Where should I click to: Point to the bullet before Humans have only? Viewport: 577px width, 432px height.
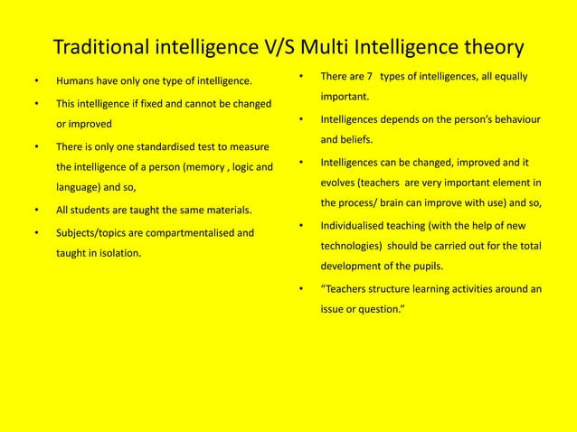[x=35, y=82]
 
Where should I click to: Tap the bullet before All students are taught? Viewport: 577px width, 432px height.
[x=35, y=211]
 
